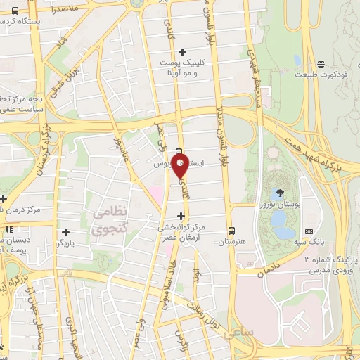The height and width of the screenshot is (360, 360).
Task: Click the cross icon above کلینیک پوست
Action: coord(182,51)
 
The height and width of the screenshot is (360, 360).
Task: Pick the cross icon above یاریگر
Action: coord(65,231)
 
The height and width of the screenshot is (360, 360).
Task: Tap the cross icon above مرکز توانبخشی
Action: coord(181,216)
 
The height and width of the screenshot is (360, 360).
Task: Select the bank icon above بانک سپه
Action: coord(308,232)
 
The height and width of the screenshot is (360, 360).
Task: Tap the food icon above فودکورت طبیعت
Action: coord(320,63)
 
